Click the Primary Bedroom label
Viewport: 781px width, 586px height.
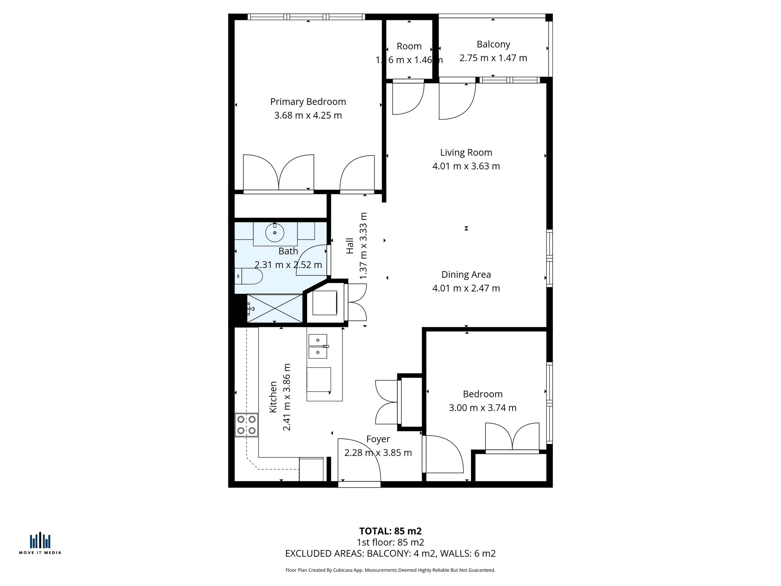coord(308,102)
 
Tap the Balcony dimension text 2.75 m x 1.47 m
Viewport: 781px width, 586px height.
coord(493,58)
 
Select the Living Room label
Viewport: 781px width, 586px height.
coord(466,153)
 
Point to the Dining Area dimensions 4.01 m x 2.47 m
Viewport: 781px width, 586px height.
coord(466,288)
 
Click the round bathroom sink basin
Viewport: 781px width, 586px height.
coord(275,232)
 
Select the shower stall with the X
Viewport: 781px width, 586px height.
coord(275,308)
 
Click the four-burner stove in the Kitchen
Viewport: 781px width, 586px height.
coord(246,425)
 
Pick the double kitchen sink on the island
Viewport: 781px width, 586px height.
coord(318,346)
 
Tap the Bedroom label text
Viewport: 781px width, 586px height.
coord(482,394)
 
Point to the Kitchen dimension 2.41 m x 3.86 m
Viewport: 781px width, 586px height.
coord(287,397)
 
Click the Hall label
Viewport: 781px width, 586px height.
coord(350,246)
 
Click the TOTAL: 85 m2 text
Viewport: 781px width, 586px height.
coord(390,531)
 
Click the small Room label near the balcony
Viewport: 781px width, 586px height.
coord(409,47)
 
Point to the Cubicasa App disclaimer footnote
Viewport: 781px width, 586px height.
coord(390,570)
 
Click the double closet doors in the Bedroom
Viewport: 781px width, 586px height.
coord(512,437)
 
